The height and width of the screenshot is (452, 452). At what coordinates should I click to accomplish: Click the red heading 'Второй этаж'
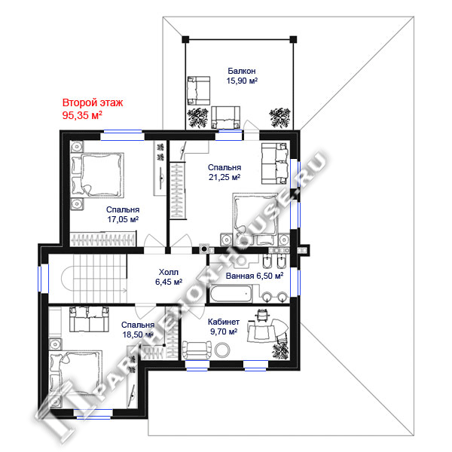click(93, 102)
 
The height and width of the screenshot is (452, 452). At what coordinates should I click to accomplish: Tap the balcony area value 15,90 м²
click(242, 81)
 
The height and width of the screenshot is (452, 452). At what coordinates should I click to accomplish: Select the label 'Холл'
click(169, 272)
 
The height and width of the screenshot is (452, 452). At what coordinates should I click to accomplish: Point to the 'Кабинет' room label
click(224, 322)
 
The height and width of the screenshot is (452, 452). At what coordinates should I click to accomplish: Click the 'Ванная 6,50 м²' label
click(255, 276)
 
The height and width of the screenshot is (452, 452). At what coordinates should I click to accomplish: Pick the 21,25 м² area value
click(224, 177)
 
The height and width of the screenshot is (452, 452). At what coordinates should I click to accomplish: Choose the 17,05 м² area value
click(123, 219)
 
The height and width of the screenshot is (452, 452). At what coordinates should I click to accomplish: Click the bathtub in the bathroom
click(231, 294)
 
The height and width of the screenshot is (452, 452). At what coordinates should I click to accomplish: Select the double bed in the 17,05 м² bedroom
click(97, 175)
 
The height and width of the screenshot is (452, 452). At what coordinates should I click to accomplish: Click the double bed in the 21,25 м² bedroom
click(255, 215)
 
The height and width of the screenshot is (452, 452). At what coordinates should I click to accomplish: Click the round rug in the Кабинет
click(222, 350)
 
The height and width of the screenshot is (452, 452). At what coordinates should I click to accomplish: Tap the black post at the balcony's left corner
click(185, 39)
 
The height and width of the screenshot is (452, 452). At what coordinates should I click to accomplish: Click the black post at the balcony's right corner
click(293, 39)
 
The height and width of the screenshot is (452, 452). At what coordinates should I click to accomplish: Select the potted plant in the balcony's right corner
click(279, 118)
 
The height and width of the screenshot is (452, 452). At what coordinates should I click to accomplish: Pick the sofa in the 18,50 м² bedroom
click(89, 319)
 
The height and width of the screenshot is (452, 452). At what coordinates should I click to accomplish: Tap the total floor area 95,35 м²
click(82, 115)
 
